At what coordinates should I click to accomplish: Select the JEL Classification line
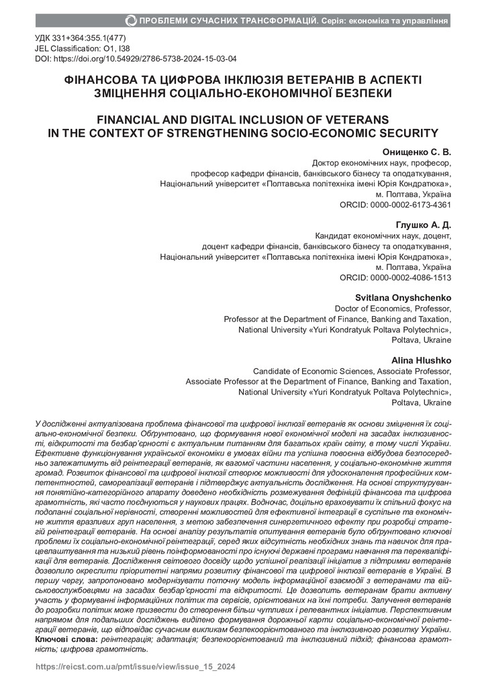tap(80, 50)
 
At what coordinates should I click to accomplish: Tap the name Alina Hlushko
tap(423, 360)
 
